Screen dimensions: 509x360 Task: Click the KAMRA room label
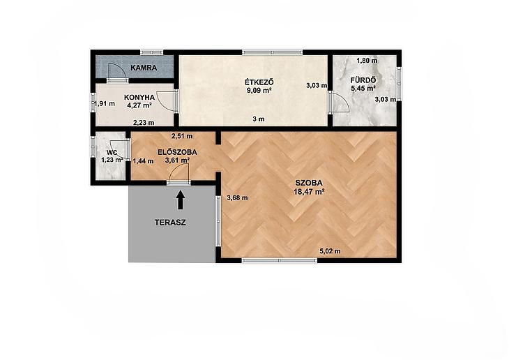click(x=144, y=68)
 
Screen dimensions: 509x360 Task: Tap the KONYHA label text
click(x=139, y=97)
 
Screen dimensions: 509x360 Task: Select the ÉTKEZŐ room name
click(x=259, y=82)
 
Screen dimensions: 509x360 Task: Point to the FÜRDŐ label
click(x=363, y=80)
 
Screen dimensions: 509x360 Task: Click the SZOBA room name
click(x=309, y=183)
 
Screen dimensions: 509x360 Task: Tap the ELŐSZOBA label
click(x=177, y=152)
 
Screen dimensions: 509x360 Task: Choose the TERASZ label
click(x=170, y=223)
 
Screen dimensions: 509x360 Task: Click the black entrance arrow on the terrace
click(x=181, y=200)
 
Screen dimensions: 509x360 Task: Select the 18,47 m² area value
click(x=309, y=192)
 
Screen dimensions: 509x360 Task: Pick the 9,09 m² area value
click(x=259, y=91)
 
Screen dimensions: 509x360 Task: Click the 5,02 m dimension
click(x=330, y=251)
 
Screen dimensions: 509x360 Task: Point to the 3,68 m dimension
click(x=237, y=197)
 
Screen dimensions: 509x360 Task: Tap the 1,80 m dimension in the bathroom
click(x=367, y=61)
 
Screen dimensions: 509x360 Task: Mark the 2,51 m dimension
click(x=182, y=136)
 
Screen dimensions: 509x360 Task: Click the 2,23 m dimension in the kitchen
click(x=144, y=123)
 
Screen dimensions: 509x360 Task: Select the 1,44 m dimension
click(x=143, y=161)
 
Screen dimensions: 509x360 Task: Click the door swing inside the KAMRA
click(x=118, y=71)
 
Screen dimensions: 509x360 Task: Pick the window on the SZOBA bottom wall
click(x=279, y=260)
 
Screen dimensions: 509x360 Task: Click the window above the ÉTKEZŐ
click(x=273, y=52)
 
